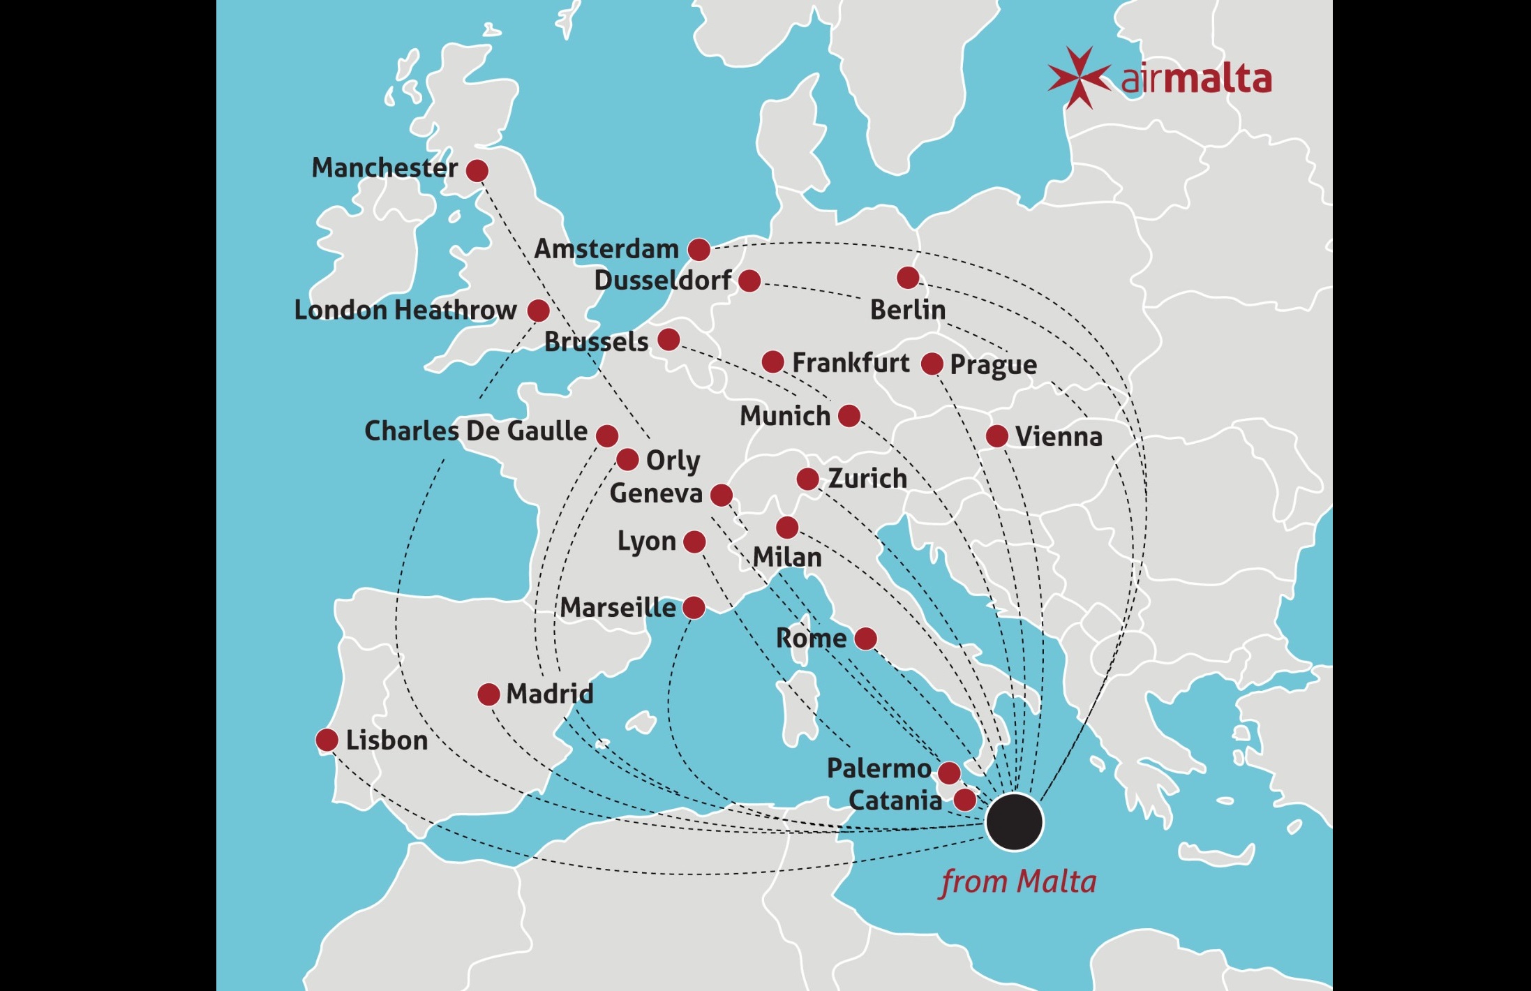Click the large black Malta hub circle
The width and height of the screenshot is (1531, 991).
pos(1014,821)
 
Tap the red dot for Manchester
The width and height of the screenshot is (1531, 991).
pos(477,170)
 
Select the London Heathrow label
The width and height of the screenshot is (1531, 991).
pos(405,310)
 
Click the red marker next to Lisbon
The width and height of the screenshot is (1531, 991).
pos(327,740)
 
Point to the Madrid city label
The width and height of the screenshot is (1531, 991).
pos(550,694)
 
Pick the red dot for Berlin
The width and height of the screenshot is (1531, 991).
pos(907,278)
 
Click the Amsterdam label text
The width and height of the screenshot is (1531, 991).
pos(606,248)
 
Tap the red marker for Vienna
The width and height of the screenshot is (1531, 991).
pos(996,436)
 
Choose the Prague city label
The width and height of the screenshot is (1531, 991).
pos(993,364)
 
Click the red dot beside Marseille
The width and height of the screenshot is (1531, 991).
pos(694,607)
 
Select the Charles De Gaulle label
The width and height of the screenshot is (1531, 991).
pos(476,431)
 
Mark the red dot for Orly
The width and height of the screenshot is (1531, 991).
pos(627,459)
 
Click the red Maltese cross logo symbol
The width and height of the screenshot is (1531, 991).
pos(1079,77)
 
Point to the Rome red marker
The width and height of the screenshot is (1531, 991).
pos(865,638)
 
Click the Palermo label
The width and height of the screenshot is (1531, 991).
pos(879,768)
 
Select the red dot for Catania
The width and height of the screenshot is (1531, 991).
pos(964,800)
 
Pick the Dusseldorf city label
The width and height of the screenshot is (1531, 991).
pos(662,281)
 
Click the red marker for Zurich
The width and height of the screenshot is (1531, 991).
pos(807,479)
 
